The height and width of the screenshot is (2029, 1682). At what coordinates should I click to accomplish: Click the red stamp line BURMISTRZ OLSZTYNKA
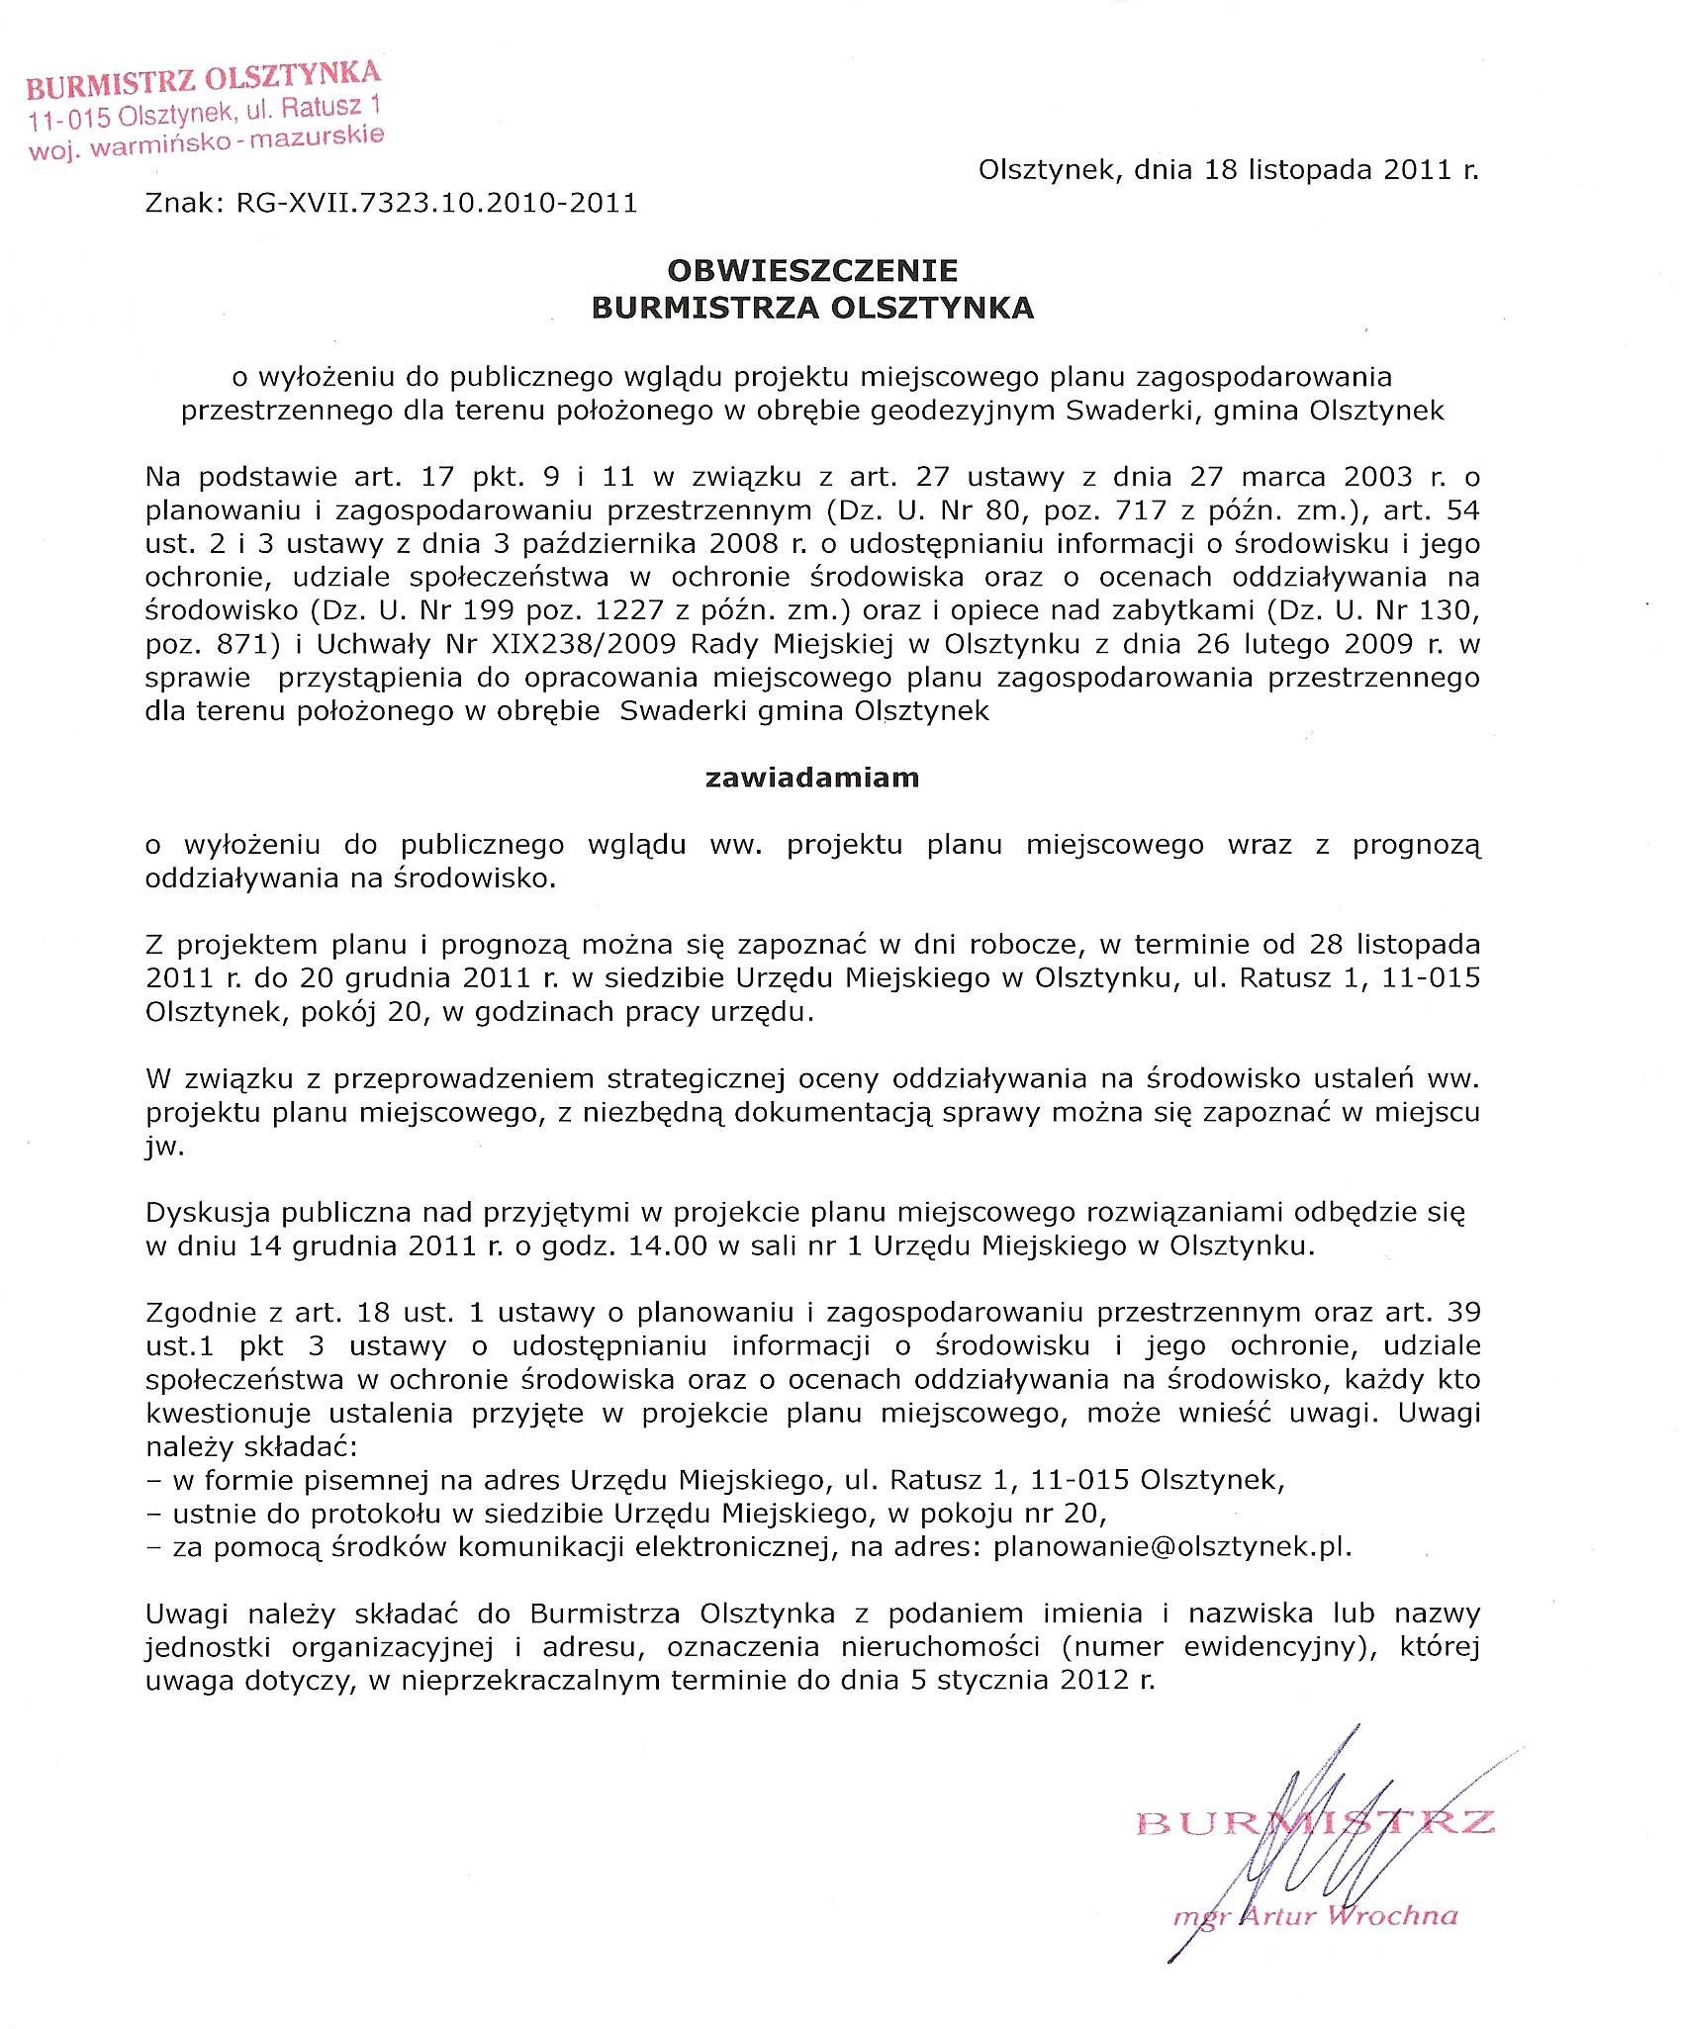pyautogui.click(x=203, y=81)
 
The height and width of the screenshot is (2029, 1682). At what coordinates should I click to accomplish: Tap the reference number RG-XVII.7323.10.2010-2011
pyautogui.click(x=436, y=203)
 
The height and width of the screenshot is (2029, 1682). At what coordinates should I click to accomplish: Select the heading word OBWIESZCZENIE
pyautogui.click(x=812, y=271)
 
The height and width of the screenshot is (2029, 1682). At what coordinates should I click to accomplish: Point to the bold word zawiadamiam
pyautogui.click(x=812, y=778)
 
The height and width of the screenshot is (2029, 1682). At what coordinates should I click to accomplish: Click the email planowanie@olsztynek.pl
pyautogui.click(x=1172, y=1546)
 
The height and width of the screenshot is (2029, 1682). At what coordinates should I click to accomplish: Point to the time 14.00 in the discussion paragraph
pyautogui.click(x=670, y=1245)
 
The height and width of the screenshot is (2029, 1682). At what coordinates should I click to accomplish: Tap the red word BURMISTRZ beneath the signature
pyautogui.click(x=1315, y=1823)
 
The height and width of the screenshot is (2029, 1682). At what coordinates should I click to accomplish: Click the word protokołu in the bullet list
pyautogui.click(x=377, y=1513)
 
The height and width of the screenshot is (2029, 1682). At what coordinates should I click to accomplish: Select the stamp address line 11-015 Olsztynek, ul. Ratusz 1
pyautogui.click(x=205, y=112)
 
